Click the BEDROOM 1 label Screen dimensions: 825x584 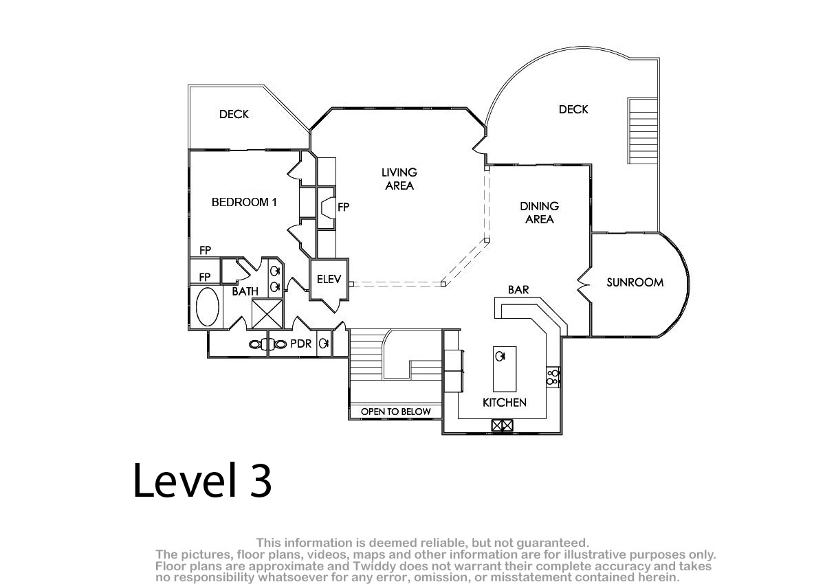[244, 202]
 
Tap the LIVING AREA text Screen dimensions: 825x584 [399, 179]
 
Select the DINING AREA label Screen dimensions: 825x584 [539, 213]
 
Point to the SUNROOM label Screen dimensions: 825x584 [635, 282]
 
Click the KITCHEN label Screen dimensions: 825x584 [504, 403]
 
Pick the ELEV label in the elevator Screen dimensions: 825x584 [329, 280]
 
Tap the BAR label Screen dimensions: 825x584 [518, 290]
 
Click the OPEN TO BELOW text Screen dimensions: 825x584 [395, 412]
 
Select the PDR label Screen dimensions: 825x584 [301, 344]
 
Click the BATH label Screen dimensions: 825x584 [245, 291]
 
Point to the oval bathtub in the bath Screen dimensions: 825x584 [208, 307]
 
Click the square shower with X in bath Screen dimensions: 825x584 [267, 313]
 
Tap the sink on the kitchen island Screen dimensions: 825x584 [500, 356]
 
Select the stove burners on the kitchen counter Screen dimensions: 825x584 [553, 378]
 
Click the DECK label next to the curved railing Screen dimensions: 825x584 [573, 109]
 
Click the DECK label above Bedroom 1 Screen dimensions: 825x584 [234, 115]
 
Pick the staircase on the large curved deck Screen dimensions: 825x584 [643, 131]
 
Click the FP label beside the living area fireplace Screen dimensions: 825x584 [343, 207]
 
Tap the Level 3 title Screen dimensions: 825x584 [202, 480]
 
